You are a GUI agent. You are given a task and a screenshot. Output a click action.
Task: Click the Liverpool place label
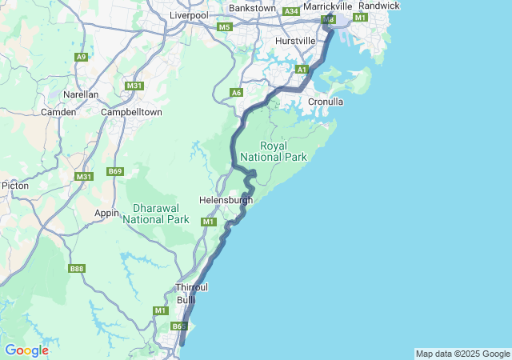(189, 15)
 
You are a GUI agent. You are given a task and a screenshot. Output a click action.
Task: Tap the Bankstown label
(252, 8)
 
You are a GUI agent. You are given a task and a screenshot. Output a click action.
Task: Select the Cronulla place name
(326, 102)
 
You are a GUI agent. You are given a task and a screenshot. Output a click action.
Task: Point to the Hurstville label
(295, 40)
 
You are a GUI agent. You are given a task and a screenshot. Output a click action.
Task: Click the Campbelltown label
(132, 112)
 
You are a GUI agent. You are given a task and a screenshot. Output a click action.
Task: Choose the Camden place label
(59, 112)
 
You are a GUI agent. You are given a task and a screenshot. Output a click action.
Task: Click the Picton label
(15, 185)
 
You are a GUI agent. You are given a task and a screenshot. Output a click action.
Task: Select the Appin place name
(106, 213)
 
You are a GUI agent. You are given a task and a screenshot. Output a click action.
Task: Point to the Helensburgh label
(226, 200)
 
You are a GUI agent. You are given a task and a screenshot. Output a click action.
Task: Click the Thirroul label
(191, 287)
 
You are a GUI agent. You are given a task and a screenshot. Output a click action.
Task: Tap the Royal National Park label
(284, 152)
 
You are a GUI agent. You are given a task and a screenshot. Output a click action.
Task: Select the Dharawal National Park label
(156, 214)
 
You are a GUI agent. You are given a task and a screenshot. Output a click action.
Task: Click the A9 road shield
(81, 57)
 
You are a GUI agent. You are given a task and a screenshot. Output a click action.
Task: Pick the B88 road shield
(77, 269)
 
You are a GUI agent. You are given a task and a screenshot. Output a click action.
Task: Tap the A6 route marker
(236, 93)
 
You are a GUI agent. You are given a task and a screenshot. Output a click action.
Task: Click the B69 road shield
(116, 171)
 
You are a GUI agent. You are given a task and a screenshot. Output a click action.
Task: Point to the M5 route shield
(224, 27)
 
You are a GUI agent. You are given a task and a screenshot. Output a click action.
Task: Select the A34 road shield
(290, 11)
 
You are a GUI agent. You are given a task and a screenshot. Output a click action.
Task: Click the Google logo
(26, 350)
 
